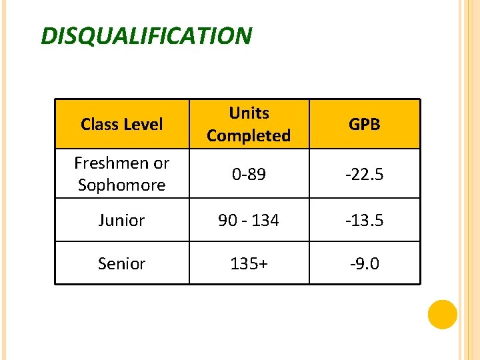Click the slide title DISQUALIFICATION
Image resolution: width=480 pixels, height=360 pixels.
(x=147, y=35)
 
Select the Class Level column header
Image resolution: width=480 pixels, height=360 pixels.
(x=121, y=125)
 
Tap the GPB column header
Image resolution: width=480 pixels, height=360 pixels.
(x=365, y=125)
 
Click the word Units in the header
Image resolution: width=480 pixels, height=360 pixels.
(x=249, y=113)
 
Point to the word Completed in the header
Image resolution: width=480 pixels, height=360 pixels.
(x=249, y=136)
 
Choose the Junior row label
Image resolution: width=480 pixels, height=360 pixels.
(x=121, y=221)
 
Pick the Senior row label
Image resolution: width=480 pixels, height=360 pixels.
(x=121, y=264)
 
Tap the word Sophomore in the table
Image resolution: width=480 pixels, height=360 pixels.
(x=121, y=185)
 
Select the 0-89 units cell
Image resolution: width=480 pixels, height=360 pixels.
(x=249, y=175)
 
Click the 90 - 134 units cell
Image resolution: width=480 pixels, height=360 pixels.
(x=249, y=221)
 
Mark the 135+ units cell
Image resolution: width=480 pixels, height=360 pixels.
(x=249, y=264)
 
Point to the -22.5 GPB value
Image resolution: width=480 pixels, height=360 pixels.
(x=365, y=175)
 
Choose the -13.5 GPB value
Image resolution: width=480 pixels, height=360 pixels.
(x=365, y=221)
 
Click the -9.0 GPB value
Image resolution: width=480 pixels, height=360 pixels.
(x=365, y=264)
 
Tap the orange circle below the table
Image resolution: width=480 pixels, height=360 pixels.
(x=442, y=315)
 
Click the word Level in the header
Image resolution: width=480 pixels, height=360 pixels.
(x=143, y=125)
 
